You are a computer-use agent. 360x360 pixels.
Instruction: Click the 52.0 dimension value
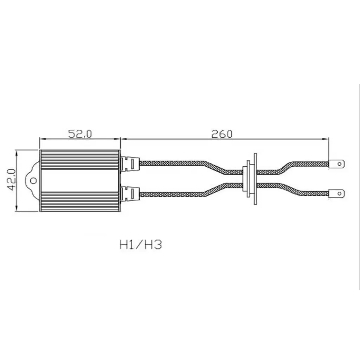click(x=80, y=134)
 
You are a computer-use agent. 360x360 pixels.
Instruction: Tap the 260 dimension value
click(x=222, y=134)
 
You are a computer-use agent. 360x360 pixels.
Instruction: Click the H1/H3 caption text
click(x=141, y=245)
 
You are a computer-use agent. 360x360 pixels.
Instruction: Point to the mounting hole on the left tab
click(x=33, y=181)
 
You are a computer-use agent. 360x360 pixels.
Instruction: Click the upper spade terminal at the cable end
click(x=337, y=163)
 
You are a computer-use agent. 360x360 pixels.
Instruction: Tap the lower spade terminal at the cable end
click(x=337, y=193)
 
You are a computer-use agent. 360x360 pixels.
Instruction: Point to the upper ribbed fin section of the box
click(x=80, y=159)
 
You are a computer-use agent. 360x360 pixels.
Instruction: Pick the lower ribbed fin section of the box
click(x=80, y=201)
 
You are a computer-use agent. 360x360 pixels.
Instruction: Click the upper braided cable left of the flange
click(x=176, y=163)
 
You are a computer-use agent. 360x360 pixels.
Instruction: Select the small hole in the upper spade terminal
click(x=339, y=163)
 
